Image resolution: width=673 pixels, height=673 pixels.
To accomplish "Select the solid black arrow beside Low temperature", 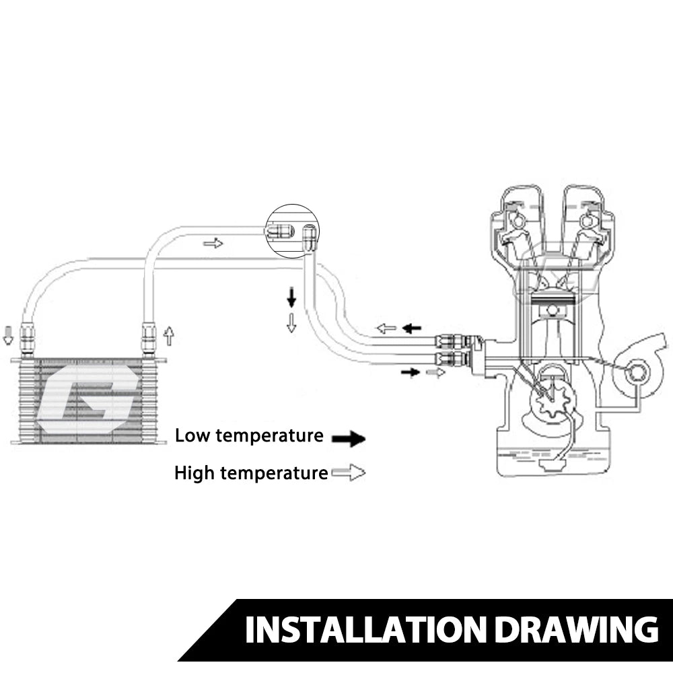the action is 349,439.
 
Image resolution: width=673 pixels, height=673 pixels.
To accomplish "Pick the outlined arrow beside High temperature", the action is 349,472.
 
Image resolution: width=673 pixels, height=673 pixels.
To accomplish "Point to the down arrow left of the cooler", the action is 7,334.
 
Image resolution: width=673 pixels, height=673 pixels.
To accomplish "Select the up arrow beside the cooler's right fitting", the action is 169,336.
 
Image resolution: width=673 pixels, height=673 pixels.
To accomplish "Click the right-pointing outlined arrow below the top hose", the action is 213,244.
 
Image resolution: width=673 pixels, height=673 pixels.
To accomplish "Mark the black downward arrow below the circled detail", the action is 292,297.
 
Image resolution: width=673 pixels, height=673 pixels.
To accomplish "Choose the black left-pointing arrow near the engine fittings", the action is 412,328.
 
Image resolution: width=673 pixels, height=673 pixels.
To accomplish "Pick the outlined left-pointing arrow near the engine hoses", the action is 386,329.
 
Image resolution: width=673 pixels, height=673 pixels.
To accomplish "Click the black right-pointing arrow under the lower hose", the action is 411,371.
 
